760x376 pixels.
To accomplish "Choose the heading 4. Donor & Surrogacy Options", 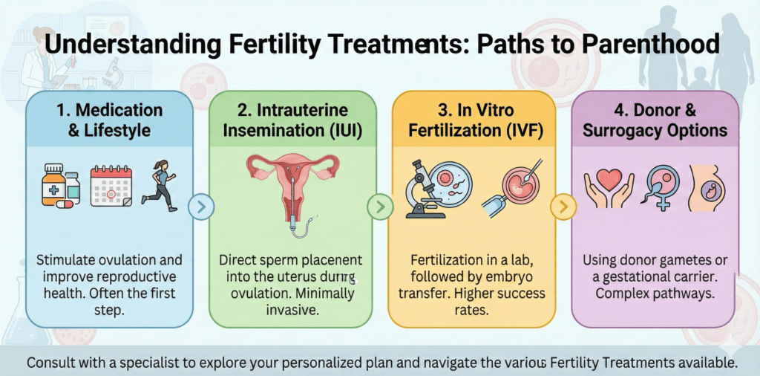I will pos(654,120).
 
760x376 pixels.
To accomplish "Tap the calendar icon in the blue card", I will pos(110,186).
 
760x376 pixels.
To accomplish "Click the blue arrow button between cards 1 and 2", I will pos(201,206).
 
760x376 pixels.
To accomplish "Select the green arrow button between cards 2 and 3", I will pos(381,206).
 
